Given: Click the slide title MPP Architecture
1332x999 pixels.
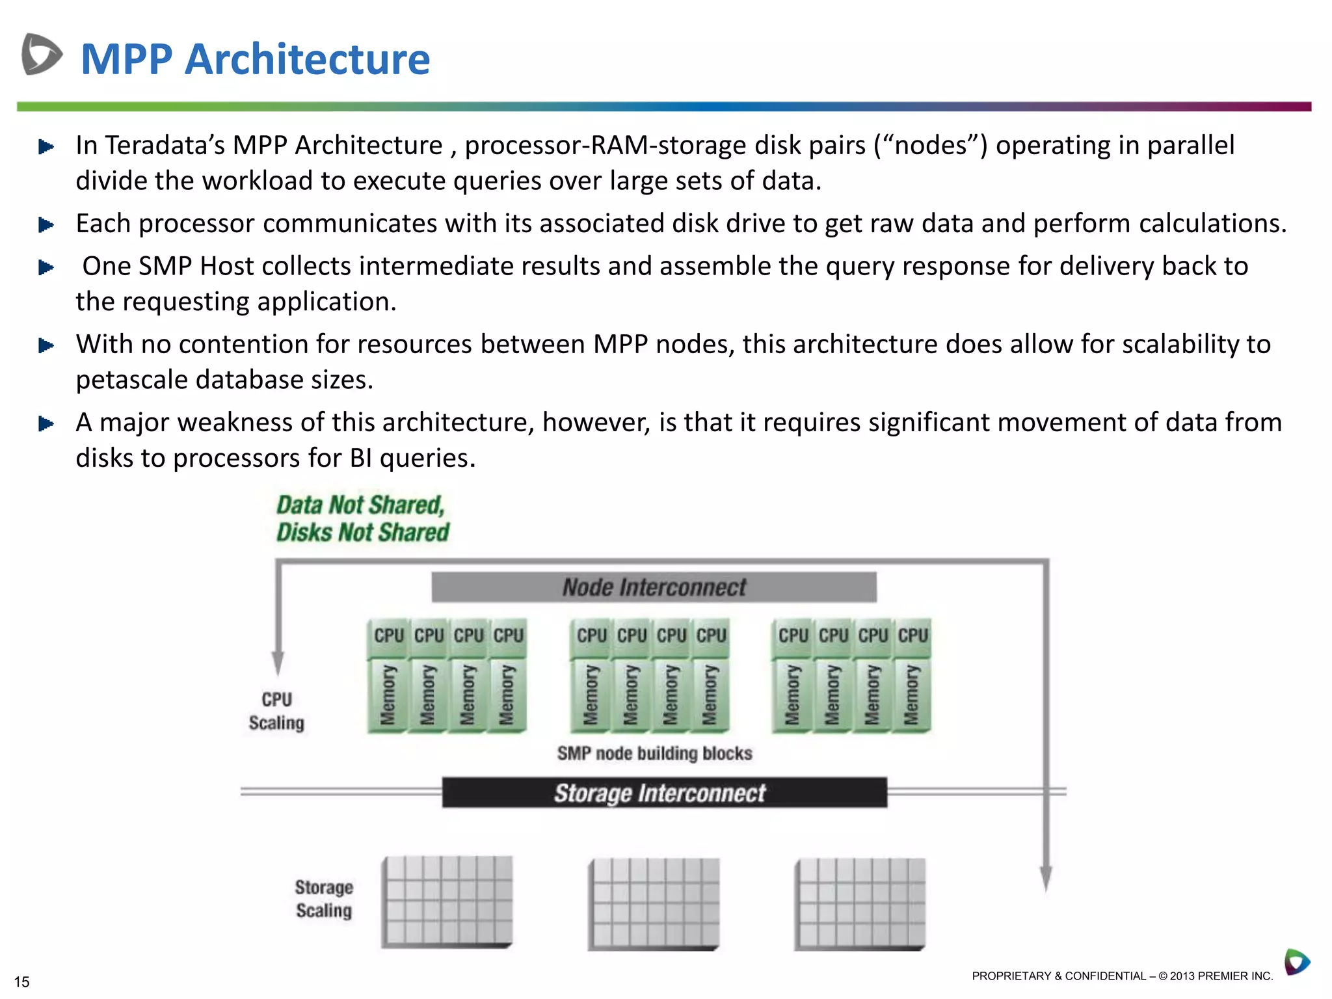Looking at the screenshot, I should (x=255, y=59).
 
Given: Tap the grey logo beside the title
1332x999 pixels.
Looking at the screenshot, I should (x=42, y=54).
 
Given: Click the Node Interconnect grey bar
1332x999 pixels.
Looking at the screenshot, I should (x=654, y=587).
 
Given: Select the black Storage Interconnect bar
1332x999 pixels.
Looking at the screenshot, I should (x=664, y=793).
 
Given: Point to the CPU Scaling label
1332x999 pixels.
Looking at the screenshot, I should (x=276, y=711).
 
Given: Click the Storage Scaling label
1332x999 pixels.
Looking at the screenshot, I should (x=324, y=899).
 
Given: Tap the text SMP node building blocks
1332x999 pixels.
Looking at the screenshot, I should (x=654, y=753).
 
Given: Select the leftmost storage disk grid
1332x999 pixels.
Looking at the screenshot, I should (x=447, y=902).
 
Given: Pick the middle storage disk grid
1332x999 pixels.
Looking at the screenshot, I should (x=654, y=904).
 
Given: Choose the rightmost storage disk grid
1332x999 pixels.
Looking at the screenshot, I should (x=860, y=904).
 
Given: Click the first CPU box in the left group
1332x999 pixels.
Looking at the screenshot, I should (x=389, y=635).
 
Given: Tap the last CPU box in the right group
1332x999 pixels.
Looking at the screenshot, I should (x=912, y=635).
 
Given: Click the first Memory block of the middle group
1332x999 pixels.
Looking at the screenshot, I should (x=591, y=695).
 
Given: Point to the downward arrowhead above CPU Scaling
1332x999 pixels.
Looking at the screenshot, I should (x=278, y=663).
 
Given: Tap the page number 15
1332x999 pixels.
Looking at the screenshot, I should (x=21, y=981).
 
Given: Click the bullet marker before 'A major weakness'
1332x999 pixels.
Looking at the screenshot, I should (x=46, y=424).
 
